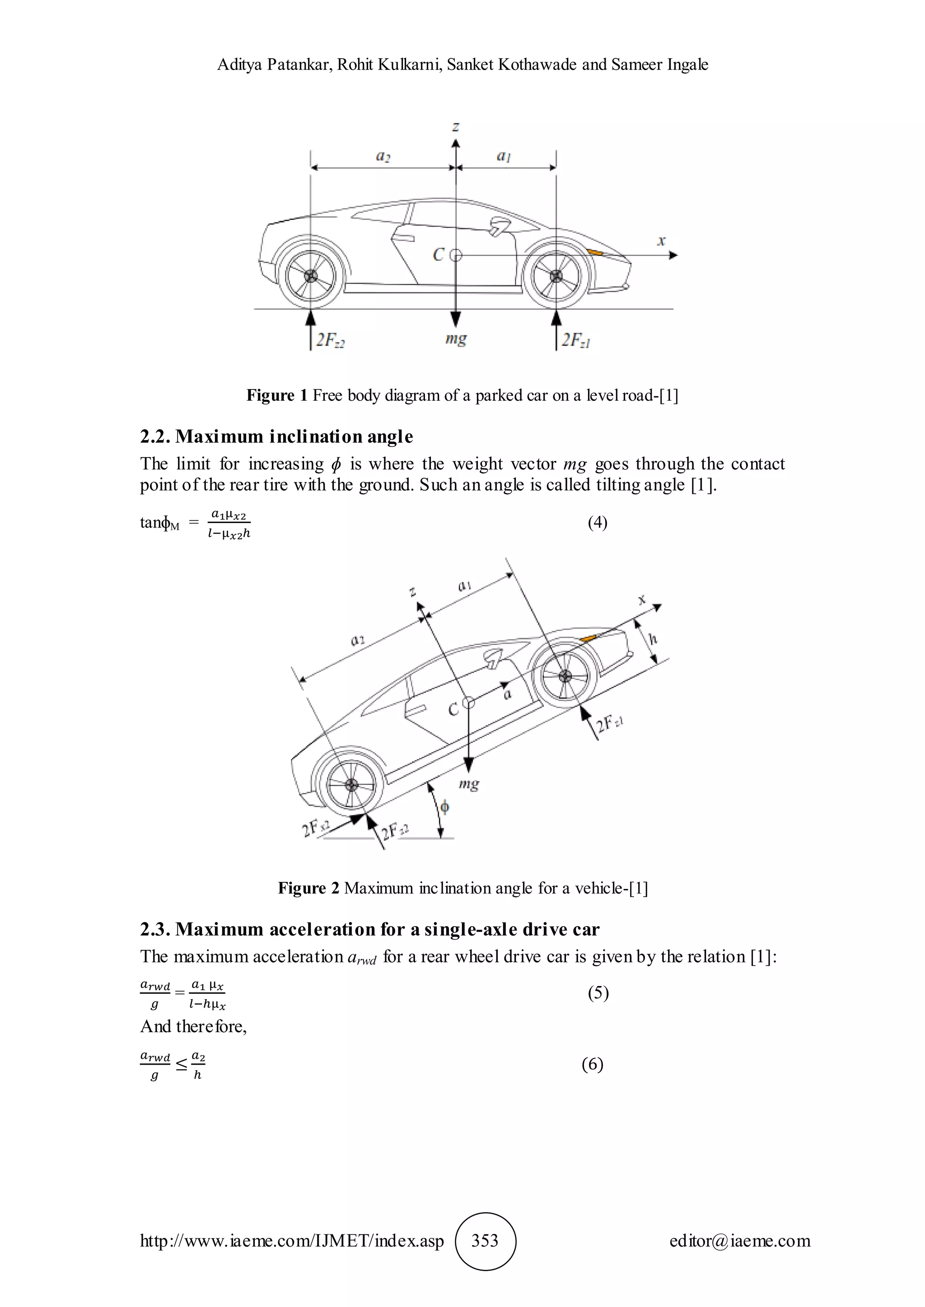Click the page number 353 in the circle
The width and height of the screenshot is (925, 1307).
(485, 1240)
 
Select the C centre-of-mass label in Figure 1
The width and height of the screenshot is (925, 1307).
(438, 255)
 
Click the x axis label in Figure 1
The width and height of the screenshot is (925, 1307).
(661, 241)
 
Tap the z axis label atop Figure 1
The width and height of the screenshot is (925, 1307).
(456, 127)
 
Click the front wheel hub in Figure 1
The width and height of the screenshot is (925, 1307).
(556, 277)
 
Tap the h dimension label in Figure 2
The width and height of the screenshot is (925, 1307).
(653, 639)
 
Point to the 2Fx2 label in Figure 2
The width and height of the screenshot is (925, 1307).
(315, 829)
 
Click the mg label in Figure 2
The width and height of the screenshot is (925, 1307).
(469, 784)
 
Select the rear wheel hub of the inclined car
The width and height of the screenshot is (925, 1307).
(351, 784)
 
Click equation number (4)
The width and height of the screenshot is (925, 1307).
(598, 522)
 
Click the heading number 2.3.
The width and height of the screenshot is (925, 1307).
(155, 930)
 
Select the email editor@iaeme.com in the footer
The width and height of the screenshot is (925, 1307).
(740, 1240)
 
